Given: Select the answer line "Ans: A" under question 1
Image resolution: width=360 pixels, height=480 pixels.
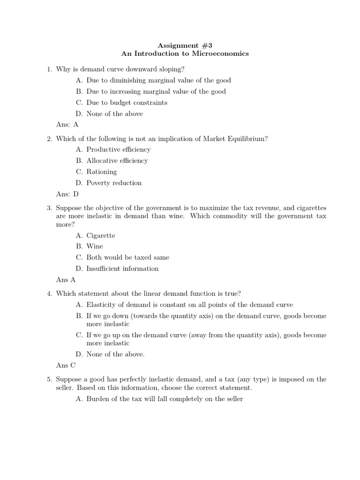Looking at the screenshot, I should coord(67,125).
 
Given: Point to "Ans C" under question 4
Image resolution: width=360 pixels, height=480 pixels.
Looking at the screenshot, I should coord(66,366).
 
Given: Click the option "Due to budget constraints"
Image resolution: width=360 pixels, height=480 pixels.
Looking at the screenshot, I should coord(127,103).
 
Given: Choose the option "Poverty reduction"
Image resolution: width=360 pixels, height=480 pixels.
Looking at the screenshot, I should coord(114,183).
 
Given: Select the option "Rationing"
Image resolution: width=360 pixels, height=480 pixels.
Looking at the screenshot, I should coord(102,172).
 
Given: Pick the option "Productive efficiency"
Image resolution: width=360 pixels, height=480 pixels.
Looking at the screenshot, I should coord(118,150).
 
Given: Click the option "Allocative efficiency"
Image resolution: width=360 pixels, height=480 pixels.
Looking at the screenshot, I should coord(117,161).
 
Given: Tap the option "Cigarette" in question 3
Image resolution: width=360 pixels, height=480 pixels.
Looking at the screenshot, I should coord(101,235).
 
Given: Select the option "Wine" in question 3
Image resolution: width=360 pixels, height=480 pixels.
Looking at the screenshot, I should coord(95,246).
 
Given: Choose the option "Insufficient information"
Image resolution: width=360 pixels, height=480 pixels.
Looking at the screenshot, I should coord(122,269).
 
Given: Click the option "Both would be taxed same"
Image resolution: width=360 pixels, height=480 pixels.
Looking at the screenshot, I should coord(127,257).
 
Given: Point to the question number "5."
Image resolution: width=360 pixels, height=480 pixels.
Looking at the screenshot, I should coord(49,379).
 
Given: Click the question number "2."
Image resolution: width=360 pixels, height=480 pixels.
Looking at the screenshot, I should coord(49,138).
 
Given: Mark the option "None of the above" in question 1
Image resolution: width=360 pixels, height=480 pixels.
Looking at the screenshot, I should coord(114,114).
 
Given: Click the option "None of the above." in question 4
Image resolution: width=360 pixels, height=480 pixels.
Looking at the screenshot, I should coord(115,354).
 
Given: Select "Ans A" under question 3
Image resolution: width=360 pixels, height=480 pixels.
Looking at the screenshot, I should coord(66,280).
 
